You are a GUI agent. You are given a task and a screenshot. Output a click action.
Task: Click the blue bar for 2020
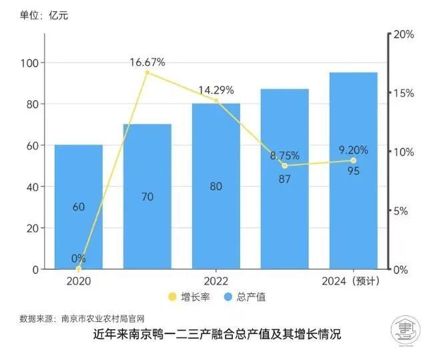[79, 207]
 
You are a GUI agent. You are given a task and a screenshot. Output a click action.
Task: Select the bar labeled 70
[147, 196]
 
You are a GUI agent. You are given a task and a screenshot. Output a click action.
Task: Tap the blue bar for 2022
[215, 186]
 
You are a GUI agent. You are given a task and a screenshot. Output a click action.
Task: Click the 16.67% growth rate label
[147, 62]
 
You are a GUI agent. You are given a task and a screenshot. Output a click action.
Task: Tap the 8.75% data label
[284, 156]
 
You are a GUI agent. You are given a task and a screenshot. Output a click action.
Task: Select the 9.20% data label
[353, 150]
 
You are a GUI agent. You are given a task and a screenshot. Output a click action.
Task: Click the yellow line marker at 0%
[79, 269]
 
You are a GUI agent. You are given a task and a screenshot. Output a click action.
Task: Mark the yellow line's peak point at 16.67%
[147, 73]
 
